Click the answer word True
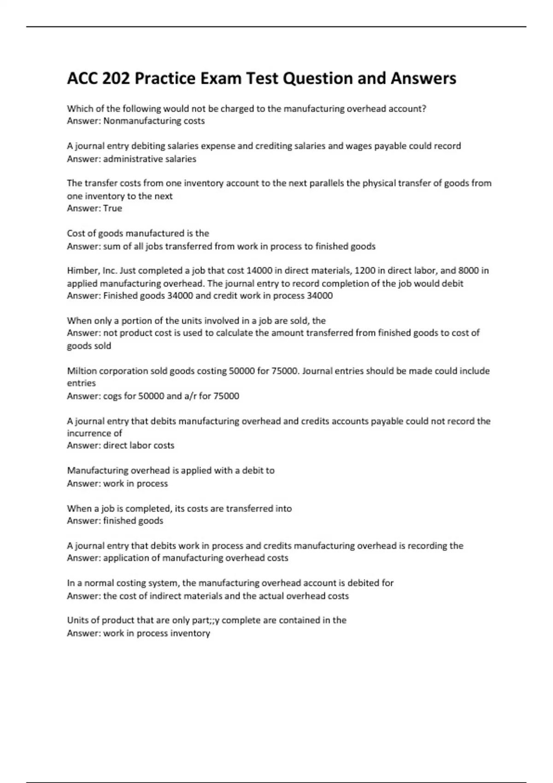[112, 208]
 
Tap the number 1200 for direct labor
[365, 271]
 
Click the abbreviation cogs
[112, 396]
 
